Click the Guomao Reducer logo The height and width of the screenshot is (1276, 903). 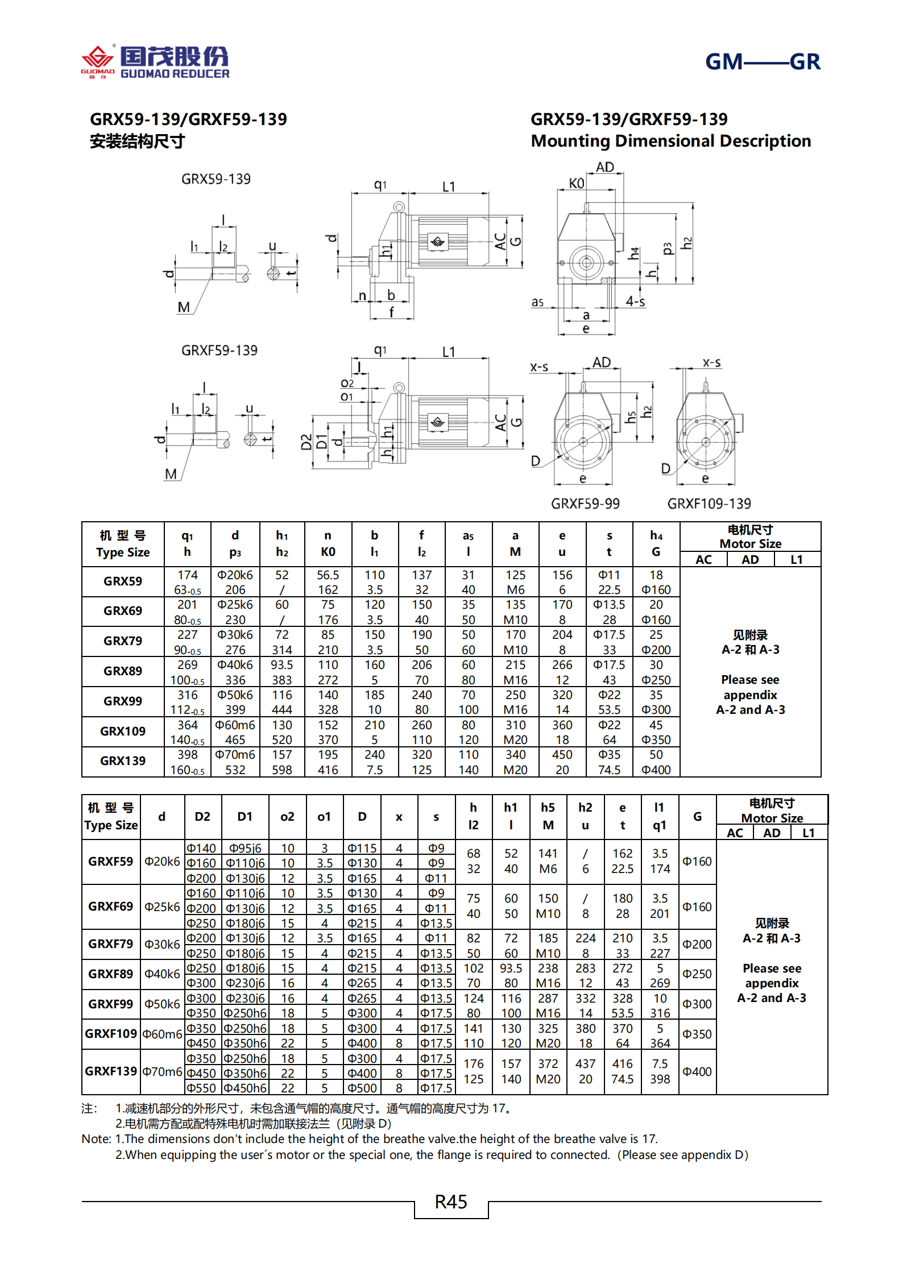155,62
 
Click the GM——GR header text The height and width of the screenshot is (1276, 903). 762,61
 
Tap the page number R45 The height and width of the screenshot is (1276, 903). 450,1202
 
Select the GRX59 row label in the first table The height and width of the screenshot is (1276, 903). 122,581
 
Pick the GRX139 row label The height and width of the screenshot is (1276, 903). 122,761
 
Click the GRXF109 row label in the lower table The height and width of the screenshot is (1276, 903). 111,1034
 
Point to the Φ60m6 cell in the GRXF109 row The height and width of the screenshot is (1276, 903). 162,1034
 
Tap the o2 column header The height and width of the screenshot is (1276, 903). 287,817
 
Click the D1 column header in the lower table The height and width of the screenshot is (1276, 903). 245,817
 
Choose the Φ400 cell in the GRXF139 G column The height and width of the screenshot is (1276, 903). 697,1072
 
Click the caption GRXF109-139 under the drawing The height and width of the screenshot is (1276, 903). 709,504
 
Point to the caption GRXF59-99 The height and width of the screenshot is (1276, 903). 585,504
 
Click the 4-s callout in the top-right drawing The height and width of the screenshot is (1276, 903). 635,301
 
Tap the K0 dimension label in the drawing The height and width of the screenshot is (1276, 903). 576,183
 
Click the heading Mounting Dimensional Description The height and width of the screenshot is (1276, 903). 670,141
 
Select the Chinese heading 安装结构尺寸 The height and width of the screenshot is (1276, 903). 137,141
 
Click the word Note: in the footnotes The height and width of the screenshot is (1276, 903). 97,1139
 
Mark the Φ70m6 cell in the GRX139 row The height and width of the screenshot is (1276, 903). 235,755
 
